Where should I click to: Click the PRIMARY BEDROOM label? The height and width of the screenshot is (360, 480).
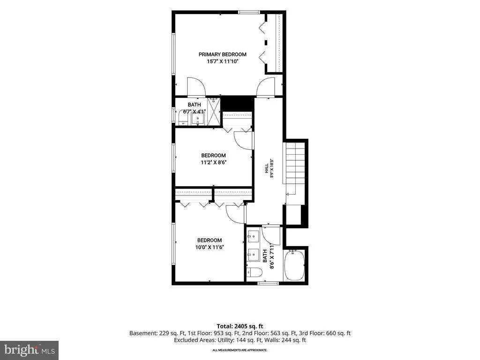[x=222, y=54]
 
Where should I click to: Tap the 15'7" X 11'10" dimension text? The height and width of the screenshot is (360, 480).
[x=222, y=61]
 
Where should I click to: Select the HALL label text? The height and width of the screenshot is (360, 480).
[x=267, y=168]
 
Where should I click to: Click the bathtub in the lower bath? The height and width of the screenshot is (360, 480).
[x=294, y=265]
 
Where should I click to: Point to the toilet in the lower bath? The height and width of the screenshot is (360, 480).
[x=254, y=272]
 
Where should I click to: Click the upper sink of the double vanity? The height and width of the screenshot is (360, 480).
[x=254, y=236]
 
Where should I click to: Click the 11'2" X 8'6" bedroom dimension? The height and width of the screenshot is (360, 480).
[x=213, y=163]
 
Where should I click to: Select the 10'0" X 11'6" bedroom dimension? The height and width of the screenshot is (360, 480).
[x=210, y=247]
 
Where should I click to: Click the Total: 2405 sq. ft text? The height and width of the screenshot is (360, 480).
[x=240, y=326]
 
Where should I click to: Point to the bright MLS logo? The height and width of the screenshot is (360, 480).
[x=30, y=350]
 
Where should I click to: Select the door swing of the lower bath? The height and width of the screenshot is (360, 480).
[x=271, y=236]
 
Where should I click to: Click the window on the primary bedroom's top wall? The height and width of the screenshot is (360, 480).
[x=249, y=12]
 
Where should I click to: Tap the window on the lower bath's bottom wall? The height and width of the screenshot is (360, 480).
[x=268, y=283]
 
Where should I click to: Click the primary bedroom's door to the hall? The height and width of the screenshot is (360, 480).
[x=266, y=87]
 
